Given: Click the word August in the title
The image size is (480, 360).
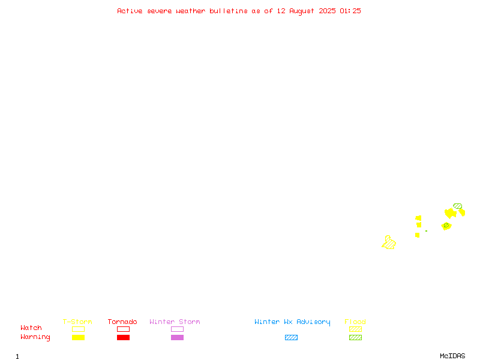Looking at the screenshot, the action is coord(302,11).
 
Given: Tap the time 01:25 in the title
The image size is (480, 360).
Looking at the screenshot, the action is coord(350,11).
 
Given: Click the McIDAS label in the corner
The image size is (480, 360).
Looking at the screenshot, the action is coord(452,356).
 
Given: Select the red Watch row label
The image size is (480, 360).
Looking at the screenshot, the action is coord(31,328).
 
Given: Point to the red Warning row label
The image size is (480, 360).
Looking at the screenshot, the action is coord(35,337).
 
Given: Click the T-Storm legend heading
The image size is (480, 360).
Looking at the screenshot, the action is coord(77,322).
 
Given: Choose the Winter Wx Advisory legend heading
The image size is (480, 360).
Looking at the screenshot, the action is coord(292,322).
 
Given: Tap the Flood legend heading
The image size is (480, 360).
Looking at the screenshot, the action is coord(355,322).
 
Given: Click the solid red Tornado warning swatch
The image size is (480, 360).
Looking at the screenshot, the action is coord(124,337).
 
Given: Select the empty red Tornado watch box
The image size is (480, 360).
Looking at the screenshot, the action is coord(124,329).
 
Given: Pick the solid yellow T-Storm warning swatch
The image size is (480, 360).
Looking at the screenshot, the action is coord(79,337).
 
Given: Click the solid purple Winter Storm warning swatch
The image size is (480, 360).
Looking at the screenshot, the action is coord(177,337).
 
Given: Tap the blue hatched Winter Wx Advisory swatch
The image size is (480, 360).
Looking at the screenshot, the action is coord(291,337).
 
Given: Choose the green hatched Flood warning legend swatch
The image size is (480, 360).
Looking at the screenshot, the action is coord(355,337).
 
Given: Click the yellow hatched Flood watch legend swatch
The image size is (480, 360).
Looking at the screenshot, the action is coord(355,329).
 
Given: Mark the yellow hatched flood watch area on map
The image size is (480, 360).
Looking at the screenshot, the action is coord(389,243).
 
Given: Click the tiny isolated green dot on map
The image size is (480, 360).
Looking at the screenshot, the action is coord(426,231).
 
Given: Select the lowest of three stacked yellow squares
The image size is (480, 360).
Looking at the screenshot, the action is coord(417,235).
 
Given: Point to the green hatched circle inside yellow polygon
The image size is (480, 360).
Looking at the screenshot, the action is coord(446,226).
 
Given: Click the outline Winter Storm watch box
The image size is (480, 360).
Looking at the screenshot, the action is coord(177,329).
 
